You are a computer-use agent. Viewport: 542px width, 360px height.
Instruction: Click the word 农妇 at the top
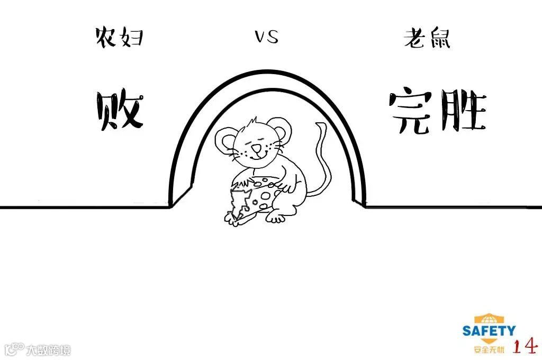[x=120, y=38]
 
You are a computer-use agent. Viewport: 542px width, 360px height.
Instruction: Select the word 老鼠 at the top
[x=427, y=38]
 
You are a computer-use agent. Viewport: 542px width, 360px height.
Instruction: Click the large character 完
[x=410, y=112]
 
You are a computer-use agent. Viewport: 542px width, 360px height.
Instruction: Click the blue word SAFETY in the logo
[x=489, y=331]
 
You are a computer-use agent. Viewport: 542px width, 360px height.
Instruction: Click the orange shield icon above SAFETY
[x=487, y=319]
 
